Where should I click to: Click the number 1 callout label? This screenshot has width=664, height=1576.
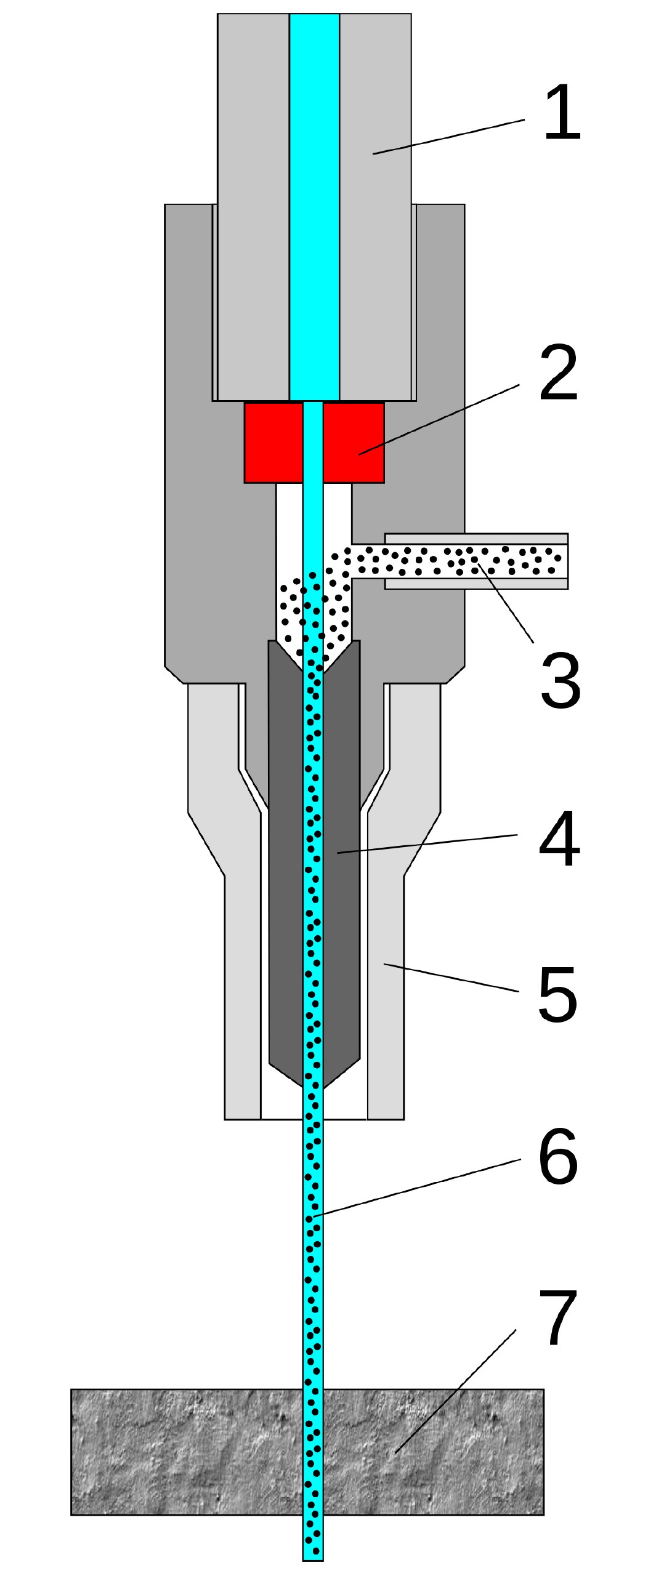click(x=562, y=113)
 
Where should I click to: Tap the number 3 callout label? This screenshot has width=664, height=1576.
click(x=560, y=680)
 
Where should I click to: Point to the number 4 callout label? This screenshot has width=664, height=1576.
click(x=559, y=838)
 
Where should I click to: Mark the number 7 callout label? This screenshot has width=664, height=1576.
click(x=557, y=1317)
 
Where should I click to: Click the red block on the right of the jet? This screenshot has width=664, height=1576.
click(x=354, y=442)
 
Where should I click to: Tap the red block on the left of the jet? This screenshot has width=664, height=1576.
click(x=273, y=442)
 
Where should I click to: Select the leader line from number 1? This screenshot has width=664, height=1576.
click(x=448, y=137)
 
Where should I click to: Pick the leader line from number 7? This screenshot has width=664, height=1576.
click(x=456, y=1391)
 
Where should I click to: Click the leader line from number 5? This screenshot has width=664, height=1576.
click(x=451, y=978)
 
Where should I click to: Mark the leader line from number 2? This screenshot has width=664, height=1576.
click(x=439, y=419)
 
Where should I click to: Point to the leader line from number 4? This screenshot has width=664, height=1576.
click(x=427, y=844)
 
